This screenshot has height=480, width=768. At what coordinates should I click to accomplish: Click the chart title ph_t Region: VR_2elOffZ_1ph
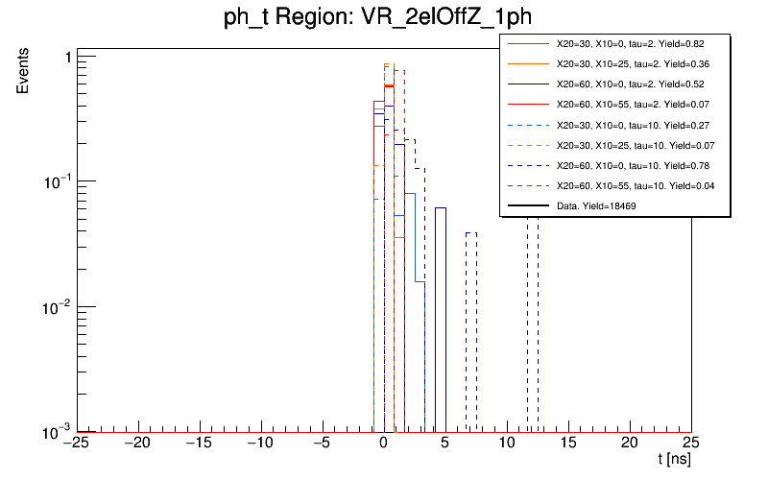(x=384, y=20)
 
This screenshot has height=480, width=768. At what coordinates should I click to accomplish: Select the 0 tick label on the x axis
(x=384, y=443)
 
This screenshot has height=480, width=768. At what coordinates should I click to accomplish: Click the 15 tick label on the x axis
(x=568, y=443)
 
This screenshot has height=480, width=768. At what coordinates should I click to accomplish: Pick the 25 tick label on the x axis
(x=691, y=443)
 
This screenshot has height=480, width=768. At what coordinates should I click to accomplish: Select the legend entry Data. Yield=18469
(x=596, y=205)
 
